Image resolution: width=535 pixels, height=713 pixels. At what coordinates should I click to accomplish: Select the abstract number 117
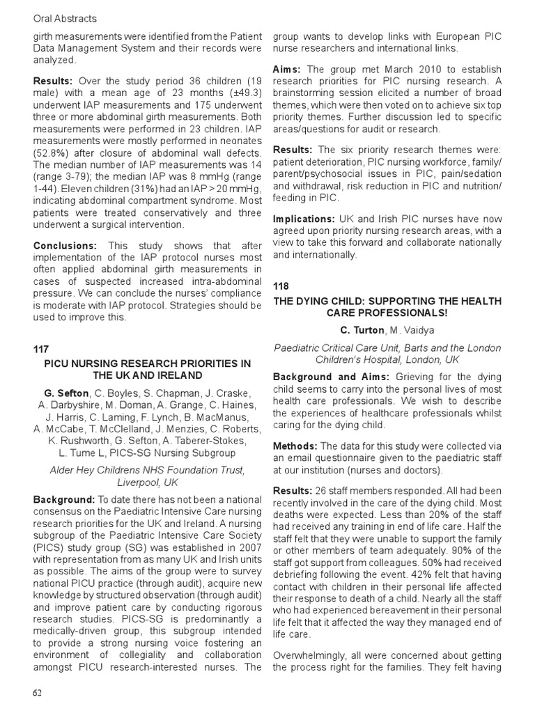click(x=42, y=349)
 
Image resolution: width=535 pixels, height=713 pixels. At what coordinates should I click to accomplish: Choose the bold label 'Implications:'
click(x=304, y=218)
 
